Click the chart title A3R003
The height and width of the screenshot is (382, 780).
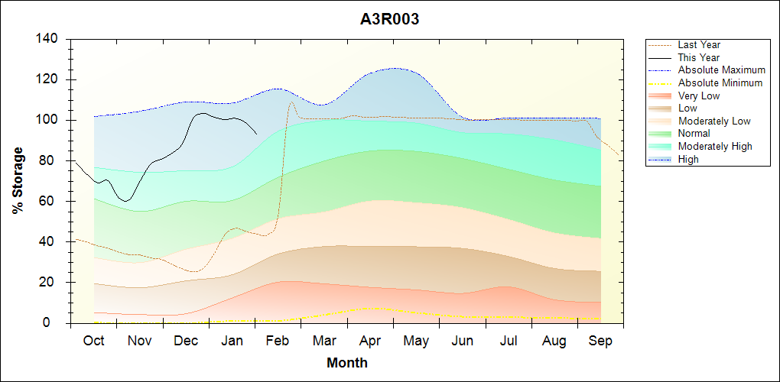pyautogui.click(x=389, y=19)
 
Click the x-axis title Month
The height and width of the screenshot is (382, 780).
pyautogui.click(x=347, y=363)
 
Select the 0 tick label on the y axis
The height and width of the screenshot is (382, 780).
pyautogui.click(x=57, y=323)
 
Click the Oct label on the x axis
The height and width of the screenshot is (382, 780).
pyautogui.click(x=93, y=341)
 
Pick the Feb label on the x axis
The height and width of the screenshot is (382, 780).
pyautogui.click(x=278, y=341)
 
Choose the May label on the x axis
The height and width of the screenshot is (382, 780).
pyautogui.click(x=416, y=341)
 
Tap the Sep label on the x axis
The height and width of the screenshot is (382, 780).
pyautogui.click(x=600, y=341)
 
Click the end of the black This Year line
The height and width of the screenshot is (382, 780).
pyautogui.click(x=256, y=133)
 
